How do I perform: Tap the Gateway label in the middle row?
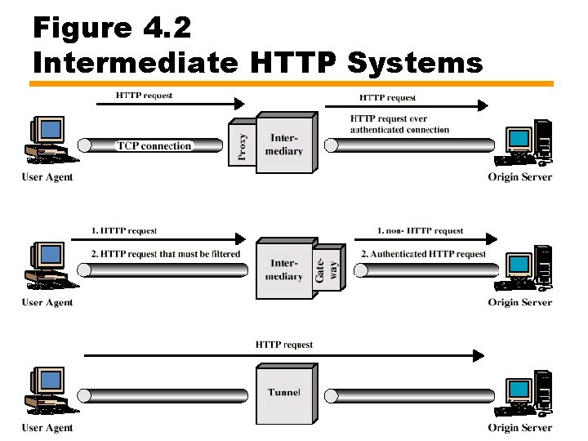click(x=326, y=265)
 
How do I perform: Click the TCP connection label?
click(x=154, y=146)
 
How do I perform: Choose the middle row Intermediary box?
click(x=284, y=270)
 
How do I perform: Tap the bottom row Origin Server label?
click(x=520, y=428)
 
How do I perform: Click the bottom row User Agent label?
click(x=47, y=428)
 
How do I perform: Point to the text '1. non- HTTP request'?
click(x=420, y=231)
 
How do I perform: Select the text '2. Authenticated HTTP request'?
click(x=423, y=254)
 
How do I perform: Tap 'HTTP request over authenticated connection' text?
click(x=399, y=124)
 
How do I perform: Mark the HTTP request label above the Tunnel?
click(x=284, y=345)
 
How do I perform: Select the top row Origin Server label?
click(x=520, y=177)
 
